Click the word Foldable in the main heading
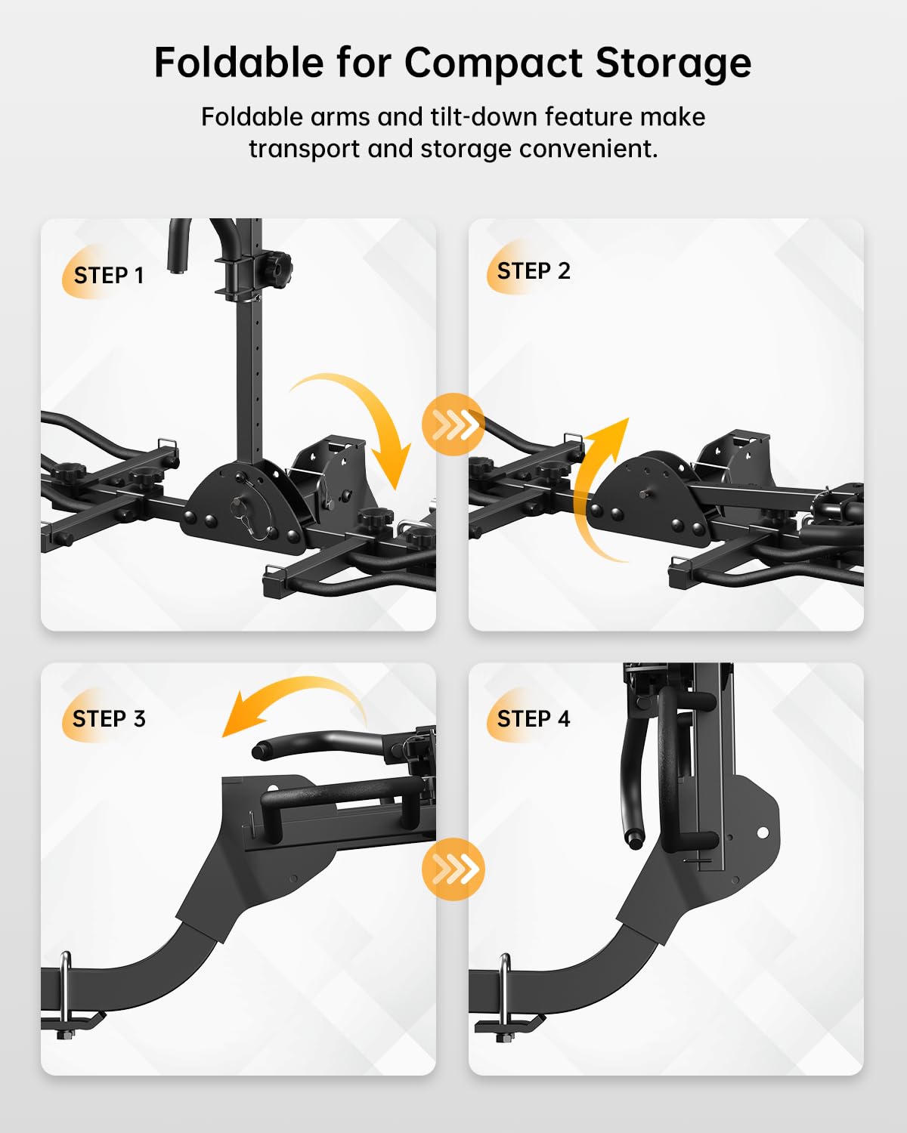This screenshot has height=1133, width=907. click(x=239, y=63)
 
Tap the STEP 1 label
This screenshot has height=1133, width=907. click(x=109, y=276)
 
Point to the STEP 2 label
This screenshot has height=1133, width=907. click(x=534, y=271)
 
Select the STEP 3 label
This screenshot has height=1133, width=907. click(x=109, y=718)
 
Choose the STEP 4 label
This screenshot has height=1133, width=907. click(x=534, y=718)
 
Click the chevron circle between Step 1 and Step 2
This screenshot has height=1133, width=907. click(x=453, y=424)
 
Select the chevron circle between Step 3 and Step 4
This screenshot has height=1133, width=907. click(x=453, y=869)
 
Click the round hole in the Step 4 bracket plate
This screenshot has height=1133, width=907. click(x=763, y=833)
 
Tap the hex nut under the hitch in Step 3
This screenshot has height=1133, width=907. click(x=64, y=1035)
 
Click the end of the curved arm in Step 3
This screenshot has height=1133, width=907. click(x=259, y=750)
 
